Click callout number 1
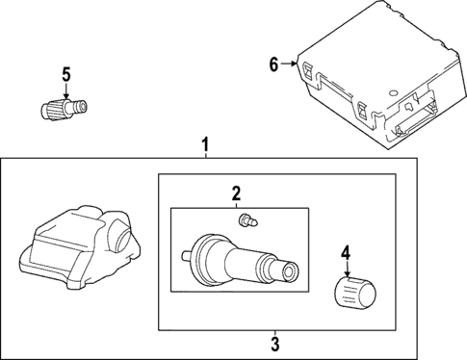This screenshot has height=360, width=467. coord(205,145)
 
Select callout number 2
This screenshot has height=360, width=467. coord(235,193)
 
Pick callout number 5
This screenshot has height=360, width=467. coord(65,73)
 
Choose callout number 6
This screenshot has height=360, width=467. coord(273,64)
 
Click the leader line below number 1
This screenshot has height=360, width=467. coord(205,158)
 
